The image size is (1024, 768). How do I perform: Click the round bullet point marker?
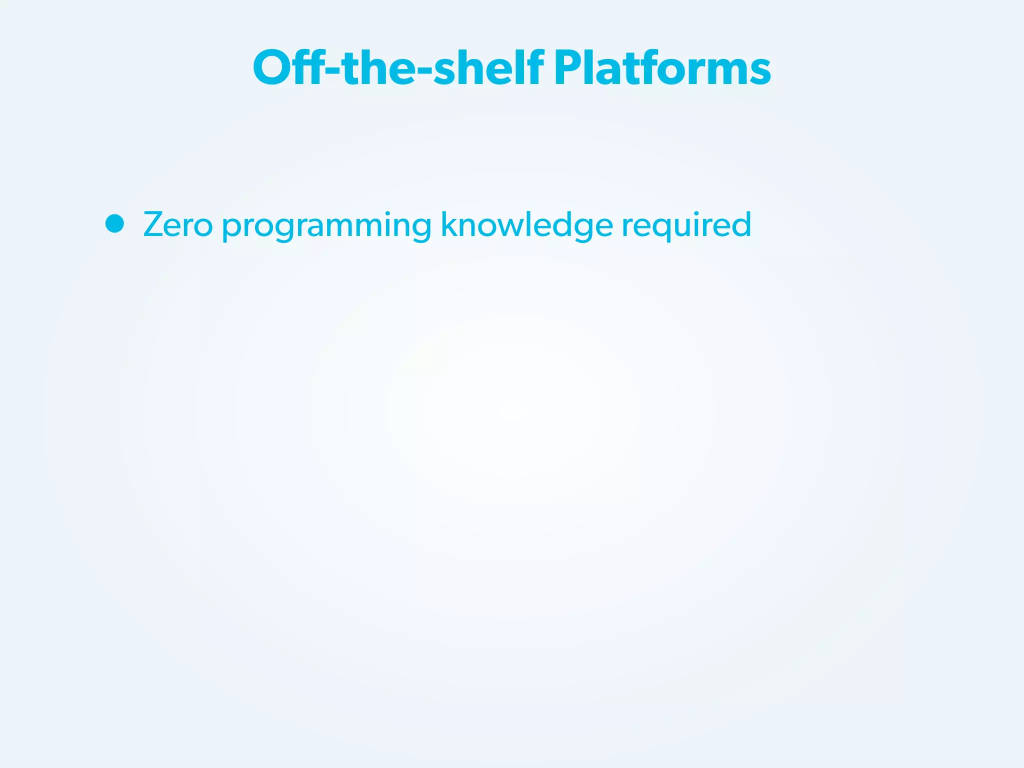(115, 223)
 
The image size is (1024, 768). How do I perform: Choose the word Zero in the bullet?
(178, 224)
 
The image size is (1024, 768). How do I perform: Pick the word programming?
(326, 226)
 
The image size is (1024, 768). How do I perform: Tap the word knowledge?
(526, 224)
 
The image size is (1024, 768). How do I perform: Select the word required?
(686, 224)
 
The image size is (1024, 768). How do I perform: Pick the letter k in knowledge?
(448, 223)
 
